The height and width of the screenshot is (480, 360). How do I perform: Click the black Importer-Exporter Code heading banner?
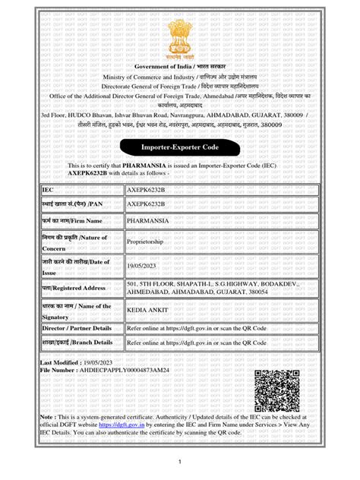coord(179,146)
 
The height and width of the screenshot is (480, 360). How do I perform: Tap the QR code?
coord(282,390)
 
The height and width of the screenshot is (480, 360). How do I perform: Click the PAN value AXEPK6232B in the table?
coord(147,204)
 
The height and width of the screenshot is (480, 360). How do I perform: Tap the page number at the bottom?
coord(180,462)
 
